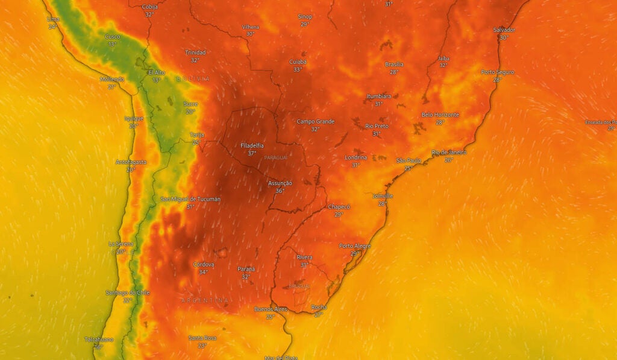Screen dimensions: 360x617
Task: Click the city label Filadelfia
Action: (x=252, y=146)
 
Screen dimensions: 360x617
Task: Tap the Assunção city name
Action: (x=280, y=183)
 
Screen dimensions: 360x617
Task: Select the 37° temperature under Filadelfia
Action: (x=252, y=153)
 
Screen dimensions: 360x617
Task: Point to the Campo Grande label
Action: (x=315, y=122)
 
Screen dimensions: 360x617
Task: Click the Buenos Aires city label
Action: (x=271, y=309)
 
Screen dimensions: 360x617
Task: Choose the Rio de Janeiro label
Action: (x=449, y=153)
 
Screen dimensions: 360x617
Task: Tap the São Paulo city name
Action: (x=408, y=160)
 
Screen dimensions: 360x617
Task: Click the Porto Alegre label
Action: (x=355, y=246)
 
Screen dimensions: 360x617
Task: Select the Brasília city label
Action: (x=394, y=65)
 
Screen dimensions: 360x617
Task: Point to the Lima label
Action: (x=53, y=19)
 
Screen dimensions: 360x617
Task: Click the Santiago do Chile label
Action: (x=128, y=293)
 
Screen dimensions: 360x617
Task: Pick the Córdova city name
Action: (x=204, y=265)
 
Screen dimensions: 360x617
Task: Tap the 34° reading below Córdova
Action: (x=204, y=272)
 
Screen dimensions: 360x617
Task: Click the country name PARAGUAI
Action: (x=277, y=157)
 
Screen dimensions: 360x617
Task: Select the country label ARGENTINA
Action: (x=205, y=300)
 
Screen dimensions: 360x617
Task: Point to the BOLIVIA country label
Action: (x=193, y=79)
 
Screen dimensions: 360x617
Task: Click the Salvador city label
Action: (x=504, y=30)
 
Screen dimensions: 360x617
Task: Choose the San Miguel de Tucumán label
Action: (x=190, y=199)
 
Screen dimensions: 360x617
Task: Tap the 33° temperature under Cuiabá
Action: (x=298, y=69)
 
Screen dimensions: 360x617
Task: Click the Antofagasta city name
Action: (x=131, y=162)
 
